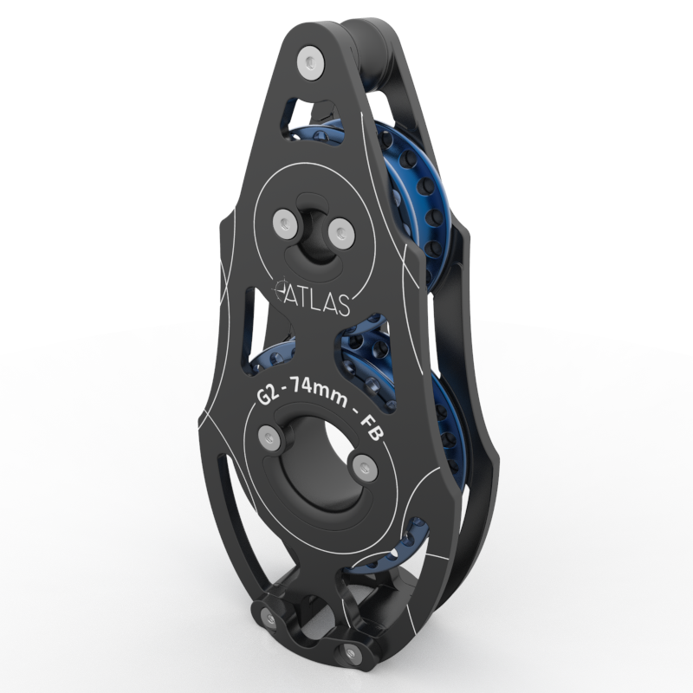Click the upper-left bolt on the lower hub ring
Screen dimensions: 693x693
pos(270,440)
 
